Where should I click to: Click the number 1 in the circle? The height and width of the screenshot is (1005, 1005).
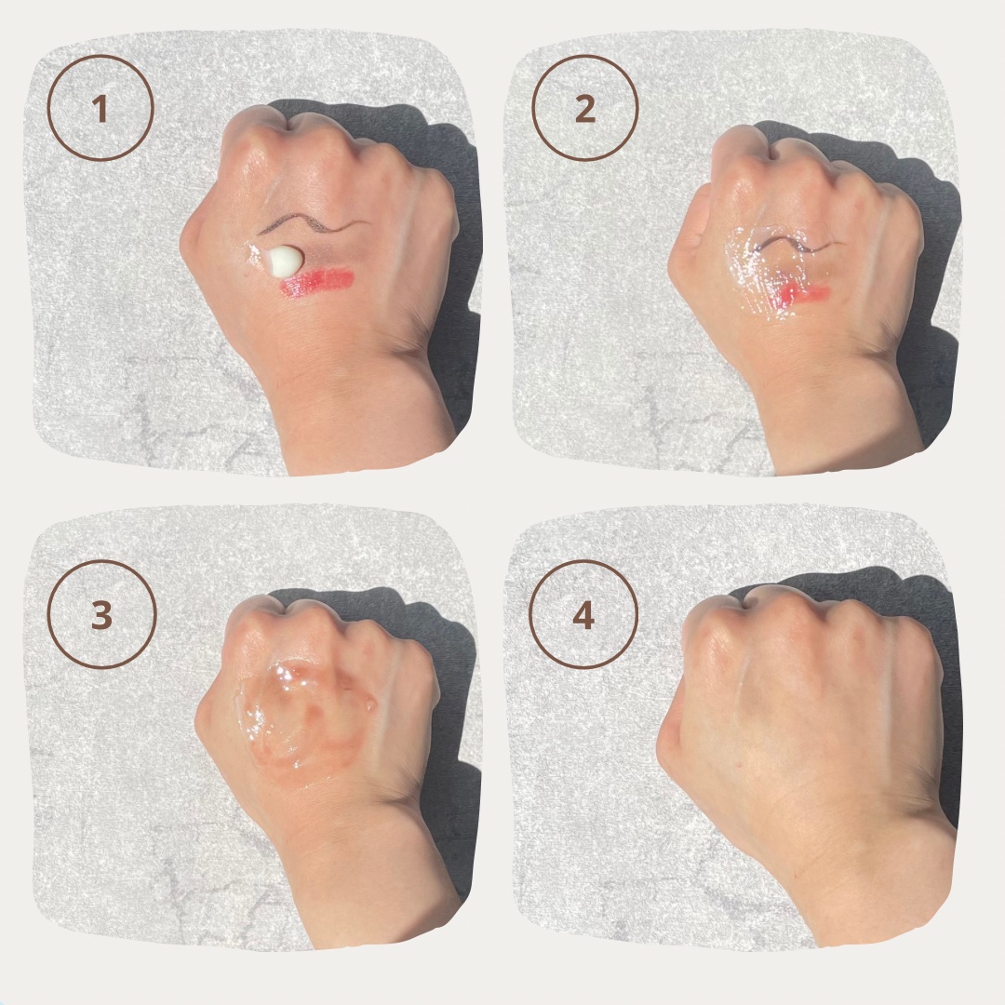(100, 109)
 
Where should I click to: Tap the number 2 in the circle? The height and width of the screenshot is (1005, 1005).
(584, 109)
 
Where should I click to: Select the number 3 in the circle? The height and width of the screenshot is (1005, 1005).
(101, 615)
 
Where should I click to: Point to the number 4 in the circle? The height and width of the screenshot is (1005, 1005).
(583, 615)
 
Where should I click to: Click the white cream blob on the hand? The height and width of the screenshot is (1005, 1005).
(283, 261)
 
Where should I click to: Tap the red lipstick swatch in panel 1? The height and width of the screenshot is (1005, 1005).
(317, 282)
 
